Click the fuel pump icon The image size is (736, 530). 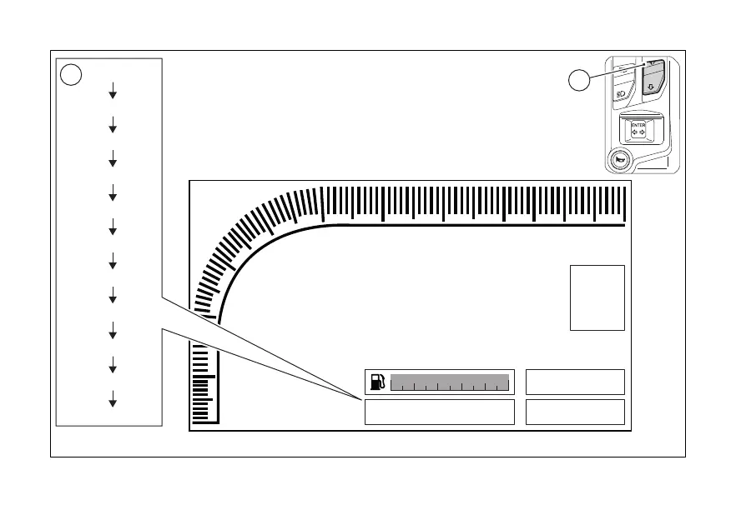coord(378,382)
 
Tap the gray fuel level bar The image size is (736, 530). coord(450,382)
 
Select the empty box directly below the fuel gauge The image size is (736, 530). coord(439,412)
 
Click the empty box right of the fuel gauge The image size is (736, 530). coord(575,382)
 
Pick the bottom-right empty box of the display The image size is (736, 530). coord(575,412)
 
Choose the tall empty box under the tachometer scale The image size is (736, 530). coord(597,297)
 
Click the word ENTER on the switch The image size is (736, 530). coord(638,125)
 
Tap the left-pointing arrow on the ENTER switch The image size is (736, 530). coord(634,132)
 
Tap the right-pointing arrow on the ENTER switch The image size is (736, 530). coord(643,132)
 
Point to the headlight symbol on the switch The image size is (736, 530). coord(621,95)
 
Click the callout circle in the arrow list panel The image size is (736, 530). coord(72,74)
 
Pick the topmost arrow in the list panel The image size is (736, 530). coord(112,93)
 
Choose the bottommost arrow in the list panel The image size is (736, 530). coord(112,401)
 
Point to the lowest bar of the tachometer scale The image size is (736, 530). coord(200,419)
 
